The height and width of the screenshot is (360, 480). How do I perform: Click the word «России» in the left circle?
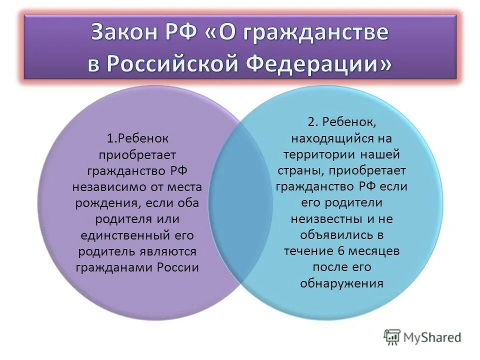click(178, 267)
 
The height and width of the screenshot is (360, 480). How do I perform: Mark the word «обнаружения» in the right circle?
click(341, 283)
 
